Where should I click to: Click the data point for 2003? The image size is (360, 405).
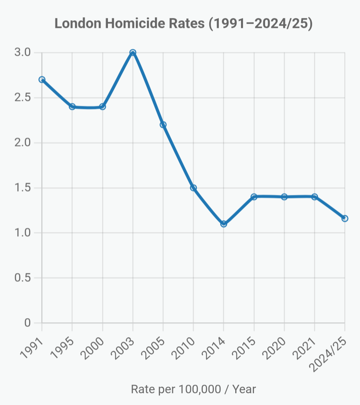click(133, 52)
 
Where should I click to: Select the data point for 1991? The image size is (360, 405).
click(42, 80)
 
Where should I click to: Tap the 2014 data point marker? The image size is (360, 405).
click(224, 224)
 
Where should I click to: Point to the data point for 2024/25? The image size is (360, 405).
click(345, 218)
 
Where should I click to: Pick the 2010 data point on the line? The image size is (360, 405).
click(193, 188)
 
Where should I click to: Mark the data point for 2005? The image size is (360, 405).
click(163, 125)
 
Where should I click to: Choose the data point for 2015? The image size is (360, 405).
click(254, 197)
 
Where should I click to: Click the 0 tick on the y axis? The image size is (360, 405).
click(27, 323)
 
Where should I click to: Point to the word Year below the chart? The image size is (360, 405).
click(244, 390)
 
